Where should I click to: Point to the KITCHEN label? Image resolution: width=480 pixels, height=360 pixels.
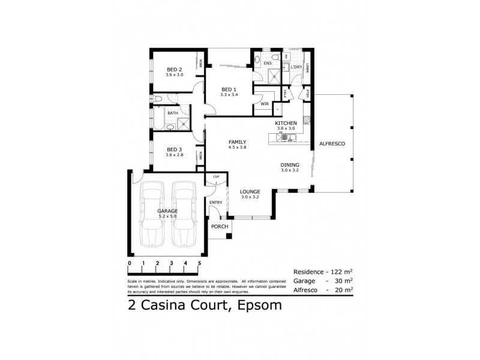point(286,123)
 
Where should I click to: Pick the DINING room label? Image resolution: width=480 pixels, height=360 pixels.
point(289,164)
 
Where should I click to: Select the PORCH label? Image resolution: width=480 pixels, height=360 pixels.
point(220,226)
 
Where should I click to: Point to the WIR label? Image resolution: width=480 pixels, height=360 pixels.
point(265,104)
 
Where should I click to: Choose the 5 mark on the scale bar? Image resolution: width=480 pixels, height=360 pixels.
point(199,263)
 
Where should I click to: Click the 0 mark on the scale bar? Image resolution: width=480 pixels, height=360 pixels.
point(130,263)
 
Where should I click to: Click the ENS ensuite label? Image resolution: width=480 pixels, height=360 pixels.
point(268,63)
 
